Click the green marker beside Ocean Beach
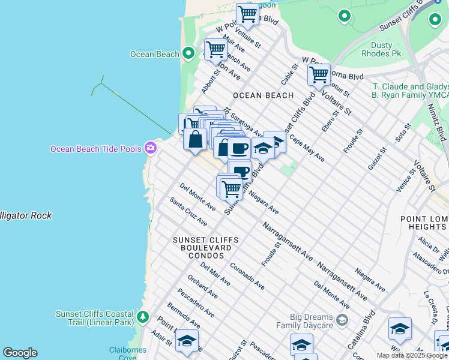tap(188, 54)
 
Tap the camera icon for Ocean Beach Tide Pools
tap(151, 148)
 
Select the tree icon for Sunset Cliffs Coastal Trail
tap(142, 316)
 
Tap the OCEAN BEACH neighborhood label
tap(263, 95)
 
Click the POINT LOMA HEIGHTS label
tap(424, 223)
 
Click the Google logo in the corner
tap(20, 353)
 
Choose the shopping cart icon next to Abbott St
tap(215, 50)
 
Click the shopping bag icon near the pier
tap(196, 140)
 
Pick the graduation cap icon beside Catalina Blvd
tap(400, 329)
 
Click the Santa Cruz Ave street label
tap(188, 212)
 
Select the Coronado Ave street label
tap(246, 275)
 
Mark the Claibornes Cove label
tap(124, 353)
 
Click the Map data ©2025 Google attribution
tap(412, 355)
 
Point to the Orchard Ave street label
tap(202, 287)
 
